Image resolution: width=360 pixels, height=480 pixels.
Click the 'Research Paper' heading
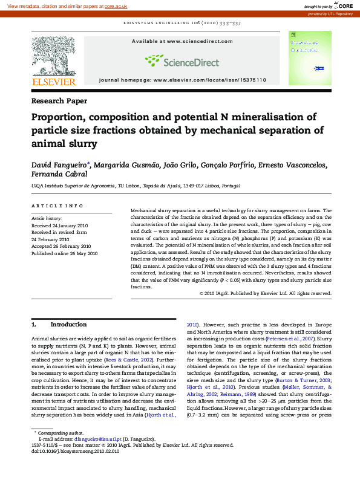(59, 101)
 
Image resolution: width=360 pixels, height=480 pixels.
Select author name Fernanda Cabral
(59, 174)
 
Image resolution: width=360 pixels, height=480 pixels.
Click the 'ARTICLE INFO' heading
(57, 206)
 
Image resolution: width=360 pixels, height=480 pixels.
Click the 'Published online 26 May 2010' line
(64, 254)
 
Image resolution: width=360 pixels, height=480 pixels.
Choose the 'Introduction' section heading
(68, 325)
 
